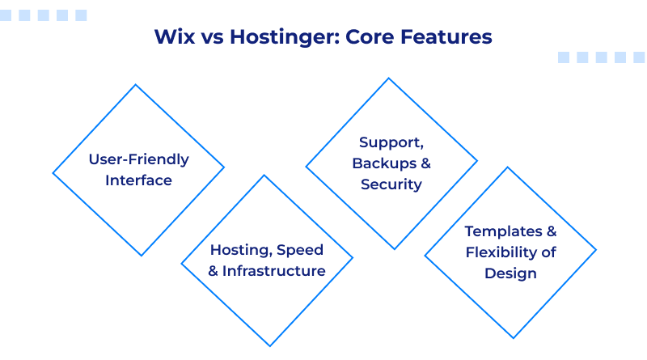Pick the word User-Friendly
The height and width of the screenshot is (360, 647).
[138, 159]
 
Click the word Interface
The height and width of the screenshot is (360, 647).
[138, 180]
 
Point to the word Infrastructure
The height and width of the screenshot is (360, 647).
[274, 271]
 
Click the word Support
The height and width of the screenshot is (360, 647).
[391, 142]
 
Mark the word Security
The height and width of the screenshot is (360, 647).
[391, 184]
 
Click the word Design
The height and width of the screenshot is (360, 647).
[510, 273]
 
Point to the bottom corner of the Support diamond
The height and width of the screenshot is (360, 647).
[391, 249]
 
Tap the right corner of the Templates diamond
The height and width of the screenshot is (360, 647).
[596, 252]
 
